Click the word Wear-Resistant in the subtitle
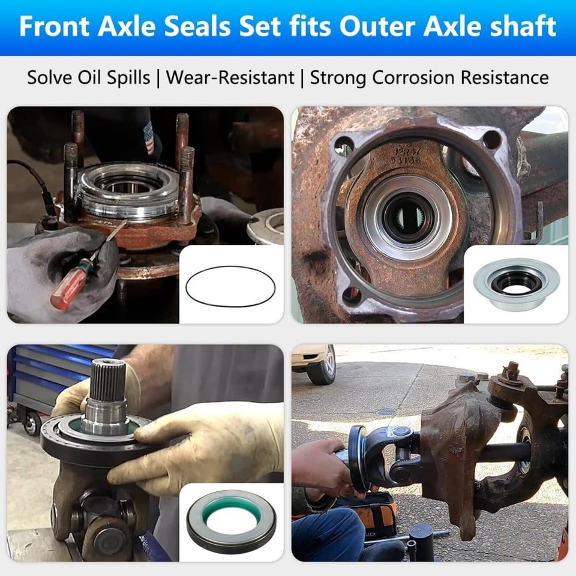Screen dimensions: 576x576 point(230,77)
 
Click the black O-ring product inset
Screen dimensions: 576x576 point(230,286)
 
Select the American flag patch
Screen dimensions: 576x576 point(149,137)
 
